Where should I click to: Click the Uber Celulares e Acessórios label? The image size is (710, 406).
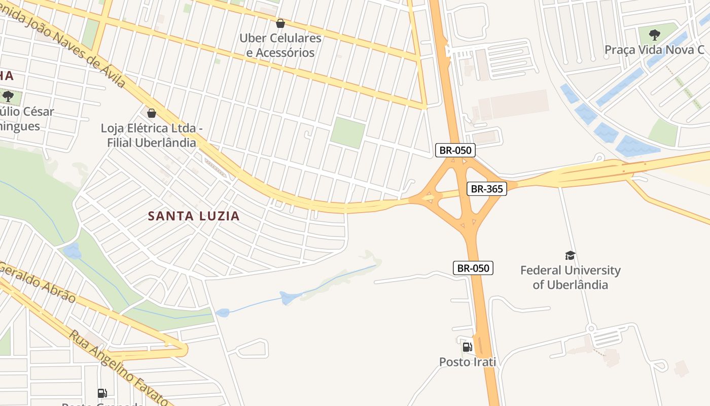pyautogui.click(x=280, y=45)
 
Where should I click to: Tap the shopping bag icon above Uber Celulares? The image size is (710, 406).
pyautogui.click(x=280, y=23)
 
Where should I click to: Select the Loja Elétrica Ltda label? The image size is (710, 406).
pyautogui.click(x=152, y=136)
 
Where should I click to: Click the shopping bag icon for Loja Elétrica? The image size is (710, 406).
pyautogui.click(x=151, y=113)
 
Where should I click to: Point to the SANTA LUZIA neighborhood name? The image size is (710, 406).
pyautogui.click(x=193, y=216)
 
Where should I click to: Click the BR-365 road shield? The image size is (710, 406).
pyautogui.click(x=486, y=189)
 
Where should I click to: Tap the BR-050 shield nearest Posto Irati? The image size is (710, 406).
pyautogui.click(x=473, y=268)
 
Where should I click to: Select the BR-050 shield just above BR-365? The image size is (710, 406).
pyautogui.click(x=455, y=150)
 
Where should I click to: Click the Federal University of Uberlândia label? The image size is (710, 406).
pyautogui.click(x=570, y=277)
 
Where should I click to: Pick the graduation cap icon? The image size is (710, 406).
pyautogui.click(x=570, y=255)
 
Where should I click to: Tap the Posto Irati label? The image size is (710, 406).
pyautogui.click(x=467, y=362)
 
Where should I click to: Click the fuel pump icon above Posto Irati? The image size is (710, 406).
pyautogui.click(x=467, y=347)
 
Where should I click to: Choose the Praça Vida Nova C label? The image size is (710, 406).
pyautogui.click(x=654, y=50)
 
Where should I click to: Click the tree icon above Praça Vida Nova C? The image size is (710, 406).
pyautogui.click(x=654, y=35)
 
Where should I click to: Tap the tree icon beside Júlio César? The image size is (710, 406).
pyautogui.click(x=8, y=96)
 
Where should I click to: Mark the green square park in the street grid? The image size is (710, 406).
pyautogui.click(x=347, y=133)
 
